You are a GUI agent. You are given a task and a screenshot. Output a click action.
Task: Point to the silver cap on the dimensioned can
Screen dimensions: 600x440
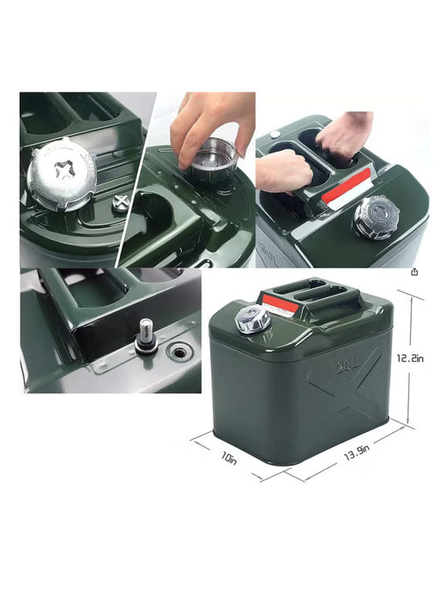(x=255, y=320)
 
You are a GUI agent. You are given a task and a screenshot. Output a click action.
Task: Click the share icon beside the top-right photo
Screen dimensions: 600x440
(x=414, y=272)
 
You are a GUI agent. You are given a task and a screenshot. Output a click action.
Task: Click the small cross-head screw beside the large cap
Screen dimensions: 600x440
(x=122, y=203)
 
